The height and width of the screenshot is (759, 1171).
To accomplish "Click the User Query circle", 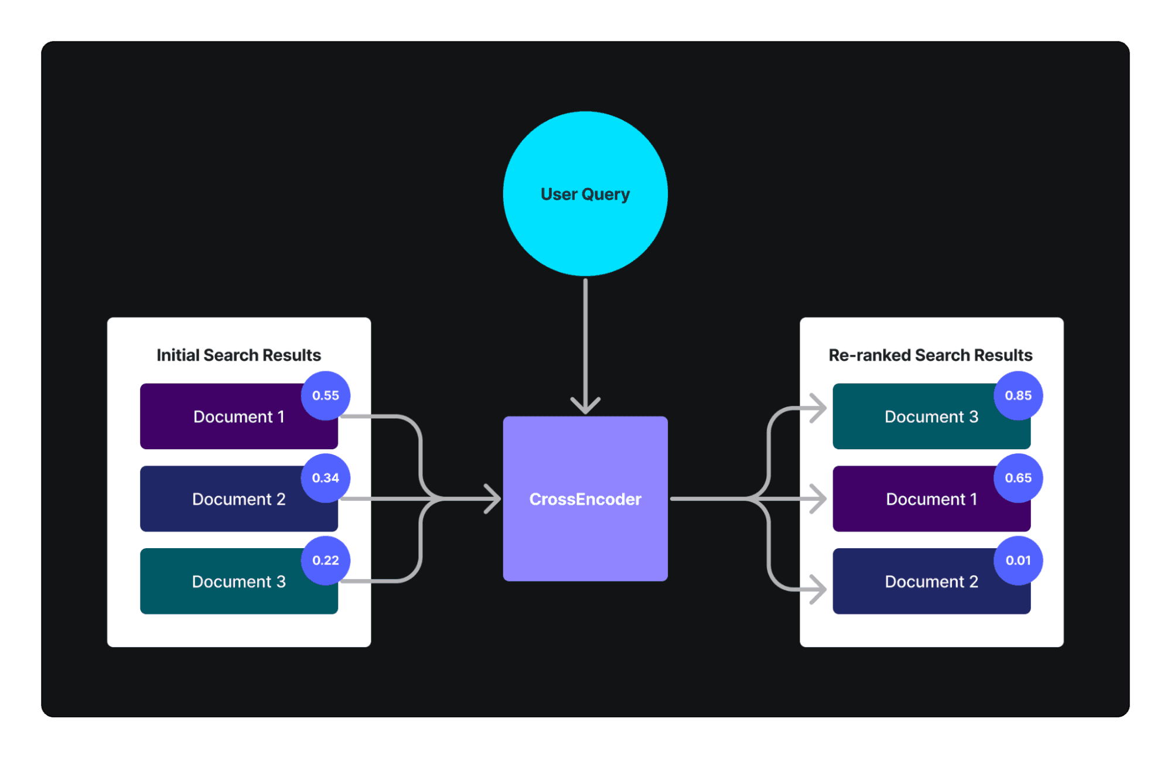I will tap(585, 194).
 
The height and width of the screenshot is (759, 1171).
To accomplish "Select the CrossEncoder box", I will tap(585, 499).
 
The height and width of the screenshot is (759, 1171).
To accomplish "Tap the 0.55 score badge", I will tap(326, 395).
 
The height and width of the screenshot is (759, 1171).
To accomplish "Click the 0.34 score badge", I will tap(326, 478).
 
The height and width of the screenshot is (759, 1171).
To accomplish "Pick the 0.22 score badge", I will tap(326, 560).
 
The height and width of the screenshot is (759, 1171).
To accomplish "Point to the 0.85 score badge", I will tap(1018, 395).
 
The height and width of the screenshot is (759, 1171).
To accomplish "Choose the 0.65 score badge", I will tap(1018, 478).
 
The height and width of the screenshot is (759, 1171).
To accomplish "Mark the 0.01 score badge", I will tap(1018, 560).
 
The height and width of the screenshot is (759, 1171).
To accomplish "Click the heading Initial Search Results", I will tap(238, 355).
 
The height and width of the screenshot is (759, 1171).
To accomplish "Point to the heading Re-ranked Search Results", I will tap(930, 355).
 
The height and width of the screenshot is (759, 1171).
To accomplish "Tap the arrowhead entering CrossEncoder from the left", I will tap(493, 499).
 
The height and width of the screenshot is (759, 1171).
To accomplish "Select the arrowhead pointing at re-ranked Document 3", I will tap(818, 408).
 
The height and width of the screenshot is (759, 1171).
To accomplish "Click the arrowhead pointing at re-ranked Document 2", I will tap(818, 589).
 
